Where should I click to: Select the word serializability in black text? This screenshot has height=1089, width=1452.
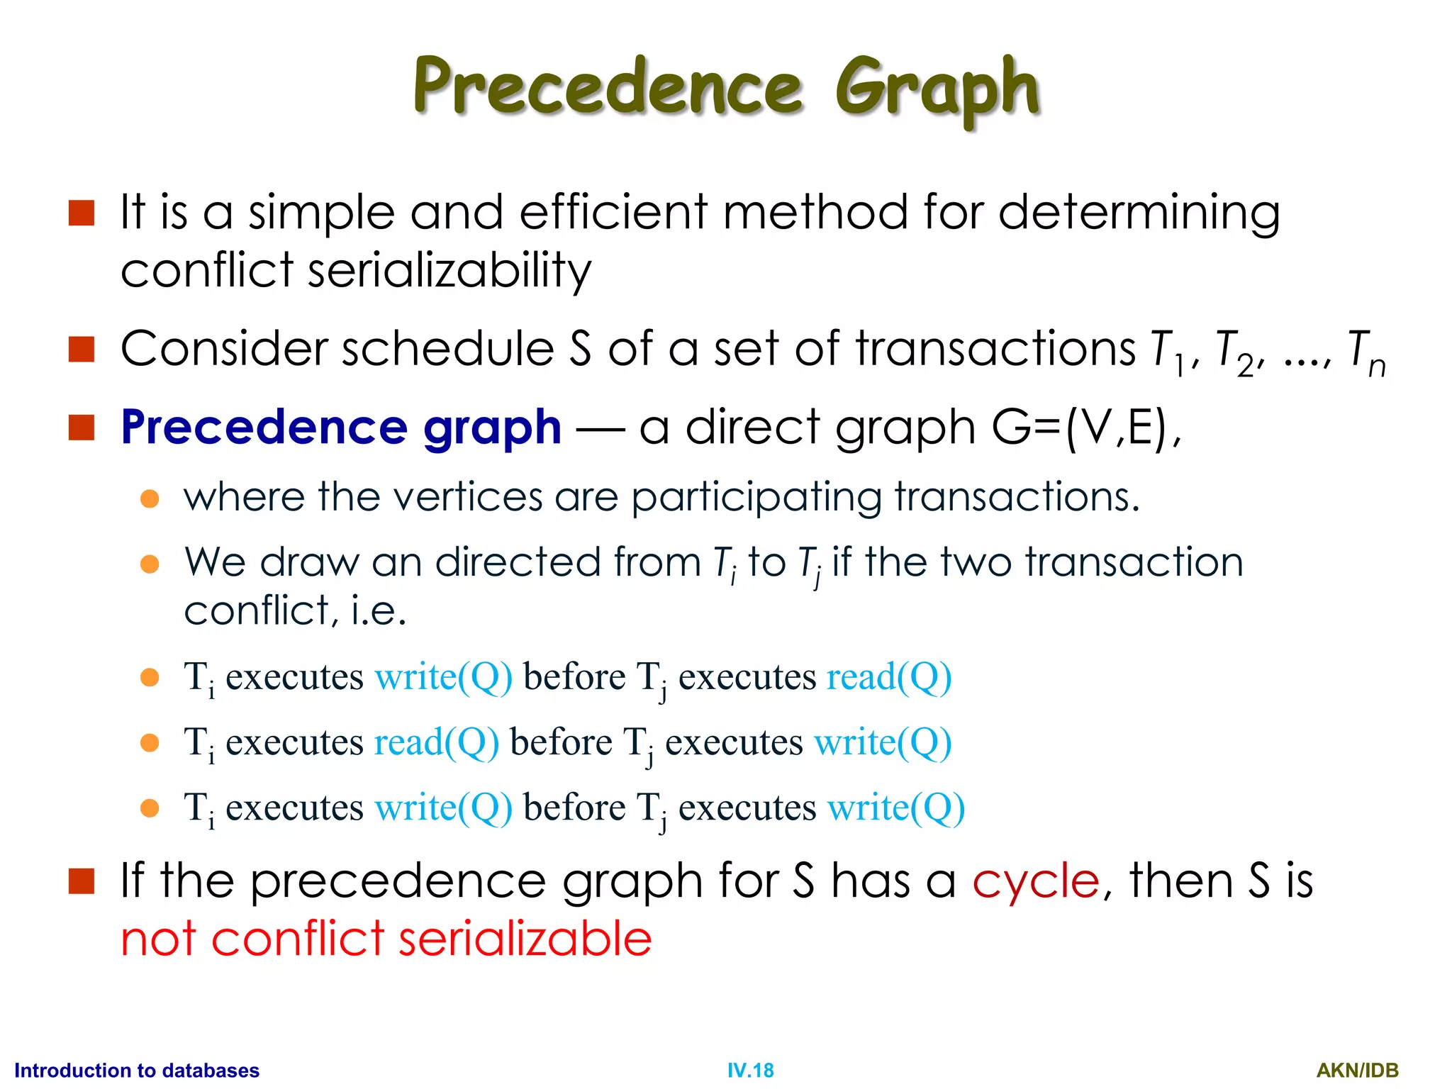point(449,271)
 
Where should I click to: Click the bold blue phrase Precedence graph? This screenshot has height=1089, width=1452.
point(341,428)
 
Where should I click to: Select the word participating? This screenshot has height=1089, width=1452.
point(756,498)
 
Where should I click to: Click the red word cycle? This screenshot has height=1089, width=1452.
point(1035,881)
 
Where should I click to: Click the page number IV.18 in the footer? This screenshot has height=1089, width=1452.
point(750,1070)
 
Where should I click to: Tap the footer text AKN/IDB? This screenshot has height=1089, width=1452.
point(1357,1070)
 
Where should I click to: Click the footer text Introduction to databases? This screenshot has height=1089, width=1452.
point(137,1070)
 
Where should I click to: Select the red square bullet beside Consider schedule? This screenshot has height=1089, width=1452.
point(82,349)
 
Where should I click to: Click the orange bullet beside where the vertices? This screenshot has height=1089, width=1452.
point(150,498)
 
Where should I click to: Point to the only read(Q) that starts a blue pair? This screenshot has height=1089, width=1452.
point(436,742)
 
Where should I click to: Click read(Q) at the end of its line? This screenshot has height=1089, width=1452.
point(888,677)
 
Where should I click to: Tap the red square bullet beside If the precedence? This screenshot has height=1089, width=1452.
point(82,881)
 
